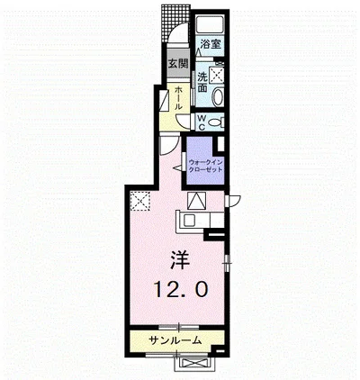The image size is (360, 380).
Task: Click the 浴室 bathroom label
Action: [210, 43]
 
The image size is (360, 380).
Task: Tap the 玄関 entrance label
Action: [176, 63]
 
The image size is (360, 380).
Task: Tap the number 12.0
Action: [180, 291]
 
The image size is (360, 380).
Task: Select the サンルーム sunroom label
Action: [175, 340]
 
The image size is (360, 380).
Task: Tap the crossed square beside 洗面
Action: [218, 77]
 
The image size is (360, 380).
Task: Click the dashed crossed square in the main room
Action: [139, 202]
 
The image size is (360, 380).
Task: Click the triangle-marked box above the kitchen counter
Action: [199, 201]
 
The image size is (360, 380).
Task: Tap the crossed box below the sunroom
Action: [191, 361]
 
